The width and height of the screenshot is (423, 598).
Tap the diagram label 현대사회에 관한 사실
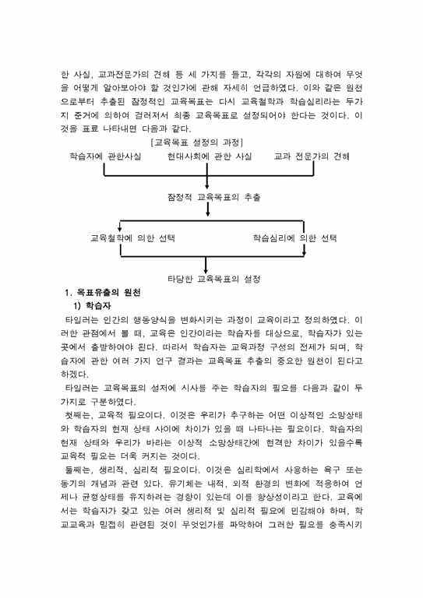pos(209,157)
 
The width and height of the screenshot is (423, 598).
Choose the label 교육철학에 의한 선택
pos(132,237)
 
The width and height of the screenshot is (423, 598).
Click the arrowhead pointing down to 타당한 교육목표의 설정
pos(207,266)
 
